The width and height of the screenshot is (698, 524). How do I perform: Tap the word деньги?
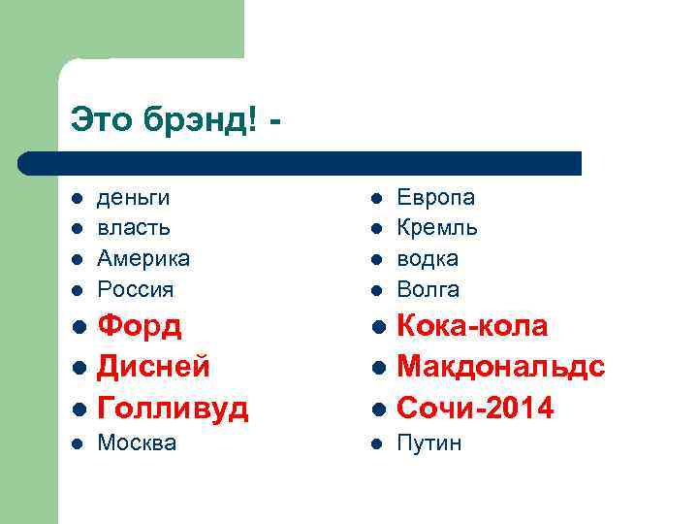[134, 198]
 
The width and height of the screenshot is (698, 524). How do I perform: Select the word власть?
[134, 228]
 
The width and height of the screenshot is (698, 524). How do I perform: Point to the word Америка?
[143, 259]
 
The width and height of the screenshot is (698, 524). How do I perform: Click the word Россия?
[136, 289]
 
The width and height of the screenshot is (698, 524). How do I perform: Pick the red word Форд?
[141, 326]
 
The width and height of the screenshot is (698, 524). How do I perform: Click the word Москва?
[137, 443]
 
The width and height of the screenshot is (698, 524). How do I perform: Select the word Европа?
[436, 198]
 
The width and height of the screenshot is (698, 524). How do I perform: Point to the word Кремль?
[437, 228]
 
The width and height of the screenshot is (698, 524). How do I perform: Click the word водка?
[428, 259]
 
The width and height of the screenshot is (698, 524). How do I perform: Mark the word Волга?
[428, 289]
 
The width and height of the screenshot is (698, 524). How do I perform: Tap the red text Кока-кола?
[473, 326]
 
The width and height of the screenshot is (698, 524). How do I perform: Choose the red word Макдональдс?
[501, 367]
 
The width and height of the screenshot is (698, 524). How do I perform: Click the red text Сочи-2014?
[476, 409]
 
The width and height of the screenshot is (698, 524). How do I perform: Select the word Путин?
[429, 443]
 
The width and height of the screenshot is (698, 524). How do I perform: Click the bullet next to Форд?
[77, 327]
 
